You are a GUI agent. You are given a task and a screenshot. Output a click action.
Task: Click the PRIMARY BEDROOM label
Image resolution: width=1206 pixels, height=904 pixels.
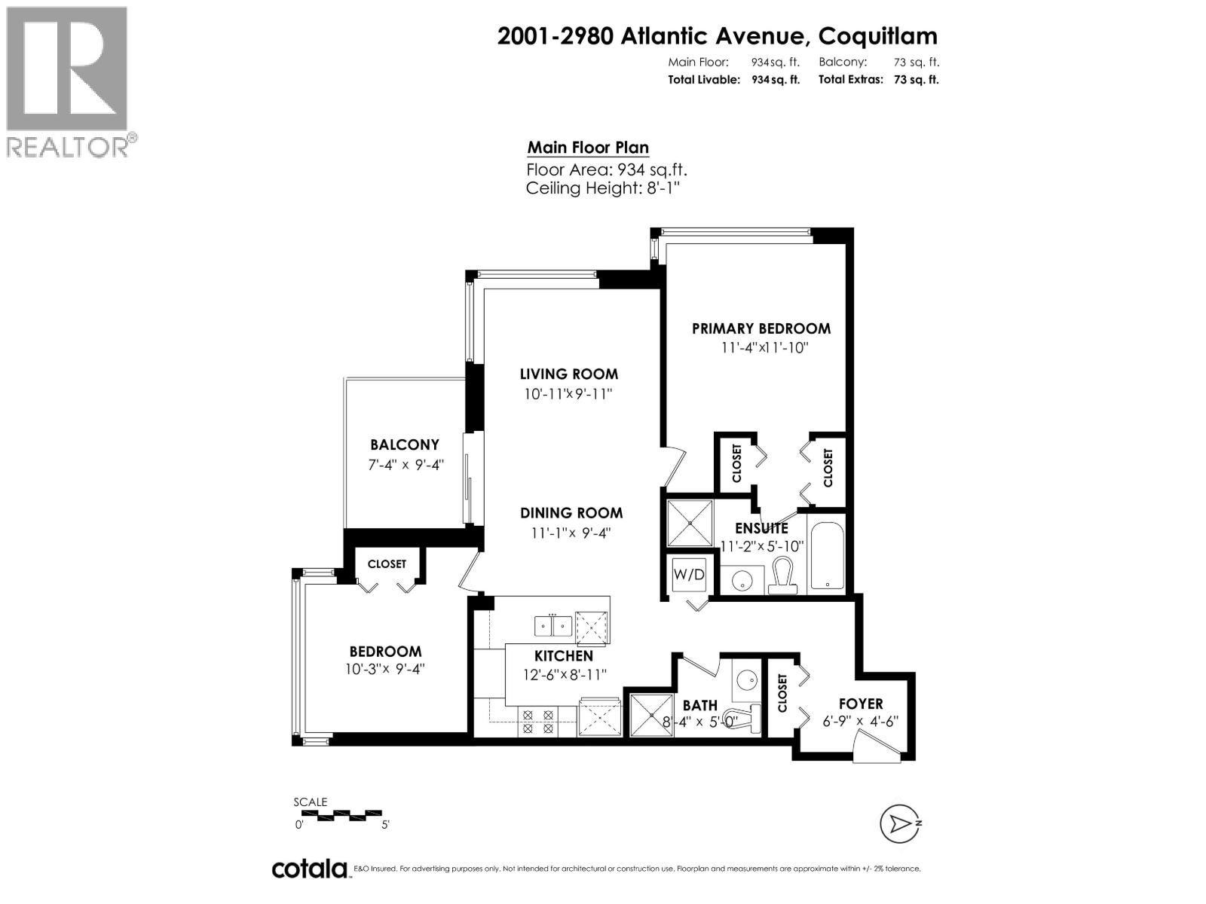(x=761, y=328)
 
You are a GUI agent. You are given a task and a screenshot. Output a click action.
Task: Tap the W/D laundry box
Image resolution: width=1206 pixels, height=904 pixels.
(x=689, y=575)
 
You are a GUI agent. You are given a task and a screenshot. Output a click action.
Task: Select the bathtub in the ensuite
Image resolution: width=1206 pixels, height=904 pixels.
(x=827, y=552)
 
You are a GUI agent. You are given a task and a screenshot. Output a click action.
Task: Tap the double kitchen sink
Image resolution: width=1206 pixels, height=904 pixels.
(x=553, y=625)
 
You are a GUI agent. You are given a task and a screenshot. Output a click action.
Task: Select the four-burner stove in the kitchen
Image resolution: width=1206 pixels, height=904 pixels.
(x=537, y=721)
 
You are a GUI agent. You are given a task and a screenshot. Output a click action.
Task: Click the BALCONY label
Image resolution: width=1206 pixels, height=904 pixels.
(x=405, y=445)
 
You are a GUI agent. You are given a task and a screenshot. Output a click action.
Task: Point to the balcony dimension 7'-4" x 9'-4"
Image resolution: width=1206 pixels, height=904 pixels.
(x=405, y=465)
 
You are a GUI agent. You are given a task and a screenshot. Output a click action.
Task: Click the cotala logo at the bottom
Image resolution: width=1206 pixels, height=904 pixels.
(x=309, y=869)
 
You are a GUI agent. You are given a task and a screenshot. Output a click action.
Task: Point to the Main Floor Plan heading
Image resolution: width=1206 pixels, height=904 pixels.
(x=588, y=148)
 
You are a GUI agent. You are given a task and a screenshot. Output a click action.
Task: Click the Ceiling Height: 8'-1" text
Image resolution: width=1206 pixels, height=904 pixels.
(x=603, y=188)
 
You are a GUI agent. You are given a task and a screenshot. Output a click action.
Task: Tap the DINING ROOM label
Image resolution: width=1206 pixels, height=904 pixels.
(x=571, y=513)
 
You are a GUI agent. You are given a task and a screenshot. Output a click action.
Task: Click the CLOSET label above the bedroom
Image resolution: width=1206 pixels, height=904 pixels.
(x=387, y=564)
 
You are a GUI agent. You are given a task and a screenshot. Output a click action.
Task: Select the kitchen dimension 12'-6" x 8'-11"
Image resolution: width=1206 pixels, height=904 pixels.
(x=564, y=675)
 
